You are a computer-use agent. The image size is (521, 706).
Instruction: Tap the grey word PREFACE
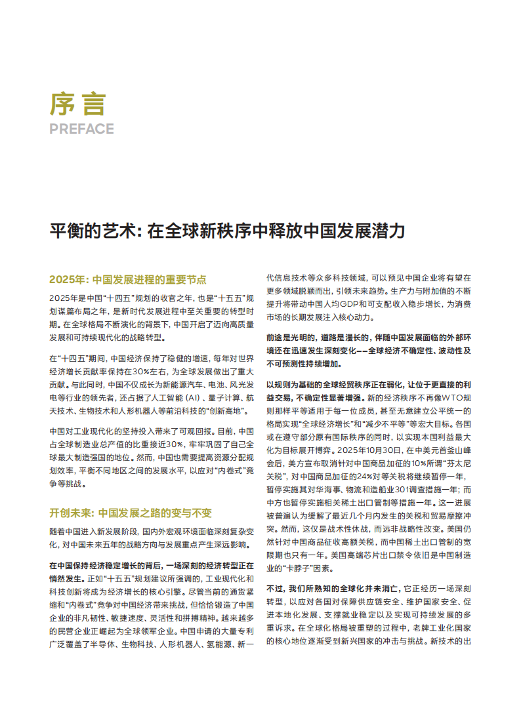81,128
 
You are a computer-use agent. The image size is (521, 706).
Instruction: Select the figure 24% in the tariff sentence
375,477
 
